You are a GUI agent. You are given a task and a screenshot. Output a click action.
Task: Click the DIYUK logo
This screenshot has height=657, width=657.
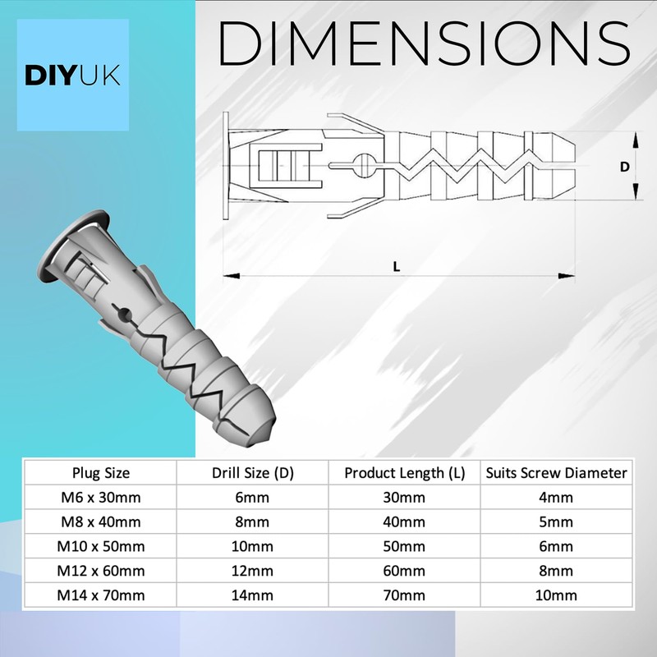[73, 75]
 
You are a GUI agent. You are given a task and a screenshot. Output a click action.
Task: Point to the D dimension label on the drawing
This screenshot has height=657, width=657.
[624, 167]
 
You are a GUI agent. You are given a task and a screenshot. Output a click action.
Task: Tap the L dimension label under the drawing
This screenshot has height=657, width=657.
[397, 265]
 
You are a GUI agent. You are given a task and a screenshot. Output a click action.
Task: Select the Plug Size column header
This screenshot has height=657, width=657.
[102, 472]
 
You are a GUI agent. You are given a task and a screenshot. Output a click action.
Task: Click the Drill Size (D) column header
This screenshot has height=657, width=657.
[254, 472]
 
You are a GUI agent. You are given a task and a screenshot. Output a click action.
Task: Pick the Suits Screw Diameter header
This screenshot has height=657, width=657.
[557, 472]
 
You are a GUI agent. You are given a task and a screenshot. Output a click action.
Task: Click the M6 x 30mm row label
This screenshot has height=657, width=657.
[102, 497]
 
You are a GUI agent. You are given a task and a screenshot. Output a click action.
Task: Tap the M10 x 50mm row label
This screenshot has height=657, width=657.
[102, 546]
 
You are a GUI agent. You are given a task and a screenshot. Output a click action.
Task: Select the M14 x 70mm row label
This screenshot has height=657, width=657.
[102, 595]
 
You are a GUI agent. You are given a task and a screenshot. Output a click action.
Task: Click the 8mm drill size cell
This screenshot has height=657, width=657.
[254, 521]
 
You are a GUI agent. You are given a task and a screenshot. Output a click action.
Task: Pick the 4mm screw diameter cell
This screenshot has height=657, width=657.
[557, 497]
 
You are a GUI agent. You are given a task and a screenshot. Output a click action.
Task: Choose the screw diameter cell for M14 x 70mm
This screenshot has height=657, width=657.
[557, 595]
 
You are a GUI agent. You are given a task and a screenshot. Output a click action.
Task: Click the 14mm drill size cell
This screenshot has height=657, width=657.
[254, 595]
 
